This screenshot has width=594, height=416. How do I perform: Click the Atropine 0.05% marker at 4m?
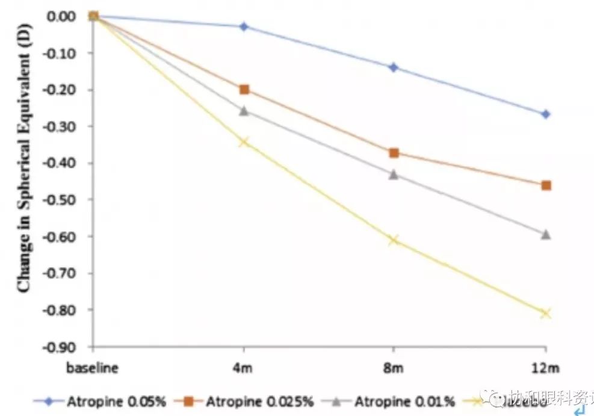(x=244, y=26)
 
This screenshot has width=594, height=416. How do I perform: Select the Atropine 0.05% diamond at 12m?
(x=546, y=114)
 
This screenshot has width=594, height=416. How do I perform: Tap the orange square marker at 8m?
(x=394, y=153)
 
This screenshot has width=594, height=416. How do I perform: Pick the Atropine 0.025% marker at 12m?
(x=546, y=185)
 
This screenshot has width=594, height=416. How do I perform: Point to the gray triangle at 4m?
(x=244, y=111)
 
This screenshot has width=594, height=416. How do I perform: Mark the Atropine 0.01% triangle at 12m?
(x=546, y=234)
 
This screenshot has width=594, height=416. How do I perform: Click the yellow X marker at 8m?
(x=394, y=240)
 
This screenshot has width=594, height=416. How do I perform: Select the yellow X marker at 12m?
(x=546, y=313)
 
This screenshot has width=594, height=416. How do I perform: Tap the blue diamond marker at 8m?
(x=394, y=67)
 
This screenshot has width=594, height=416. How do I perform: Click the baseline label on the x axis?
(x=93, y=368)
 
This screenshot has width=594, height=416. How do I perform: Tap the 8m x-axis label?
(x=394, y=368)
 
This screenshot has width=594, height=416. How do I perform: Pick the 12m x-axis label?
(x=546, y=368)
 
